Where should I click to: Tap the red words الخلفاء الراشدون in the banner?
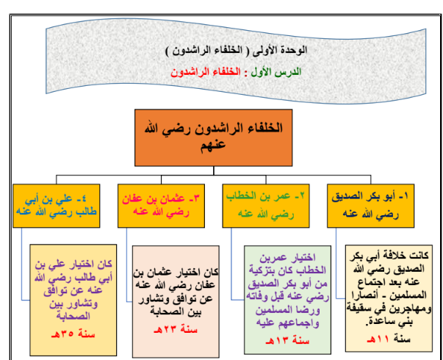(206, 72)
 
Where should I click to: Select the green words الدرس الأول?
(276, 72)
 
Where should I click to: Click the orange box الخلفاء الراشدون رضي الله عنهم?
(214, 137)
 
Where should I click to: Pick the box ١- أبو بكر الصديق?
(371, 206)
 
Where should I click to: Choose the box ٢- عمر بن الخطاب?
(266, 206)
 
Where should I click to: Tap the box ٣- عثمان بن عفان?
(161, 206)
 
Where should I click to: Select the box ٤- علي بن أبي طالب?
(57, 206)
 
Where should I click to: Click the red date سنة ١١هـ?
(389, 339)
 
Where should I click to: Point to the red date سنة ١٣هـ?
(287, 340)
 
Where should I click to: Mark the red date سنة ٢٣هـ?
(176, 329)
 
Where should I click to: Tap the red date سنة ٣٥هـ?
(73, 334)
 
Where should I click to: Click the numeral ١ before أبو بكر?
(406, 196)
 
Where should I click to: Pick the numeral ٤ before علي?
(83, 199)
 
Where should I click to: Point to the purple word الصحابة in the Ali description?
(73, 315)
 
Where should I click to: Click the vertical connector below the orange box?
(214, 170)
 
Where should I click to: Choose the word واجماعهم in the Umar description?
(300, 323)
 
